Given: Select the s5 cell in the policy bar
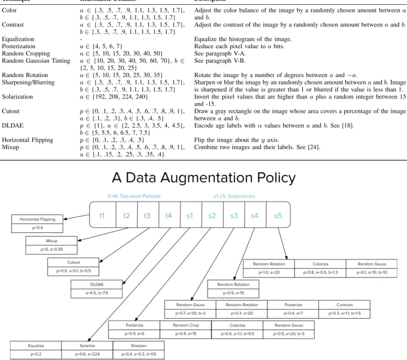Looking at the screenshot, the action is pyautogui.click(x=278, y=215).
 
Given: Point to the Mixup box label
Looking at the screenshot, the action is pyautogui.click(x=51, y=241).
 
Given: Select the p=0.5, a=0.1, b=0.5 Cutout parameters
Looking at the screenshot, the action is pyautogui.click(x=73, y=271).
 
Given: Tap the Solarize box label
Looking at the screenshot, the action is pyautogui.click(x=87, y=346).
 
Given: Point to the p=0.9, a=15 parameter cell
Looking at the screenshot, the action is pyautogui.click(x=233, y=293).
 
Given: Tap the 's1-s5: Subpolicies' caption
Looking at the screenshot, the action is pyautogui.click(x=234, y=196).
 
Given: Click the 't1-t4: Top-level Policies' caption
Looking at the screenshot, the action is pyautogui.click(x=134, y=196).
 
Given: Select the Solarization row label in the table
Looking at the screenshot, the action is pyautogui.click(x=17, y=97).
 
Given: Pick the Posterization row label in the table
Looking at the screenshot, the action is pyautogui.click(x=18, y=46).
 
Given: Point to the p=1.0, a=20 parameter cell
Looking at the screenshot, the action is pyautogui.click(x=269, y=273).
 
